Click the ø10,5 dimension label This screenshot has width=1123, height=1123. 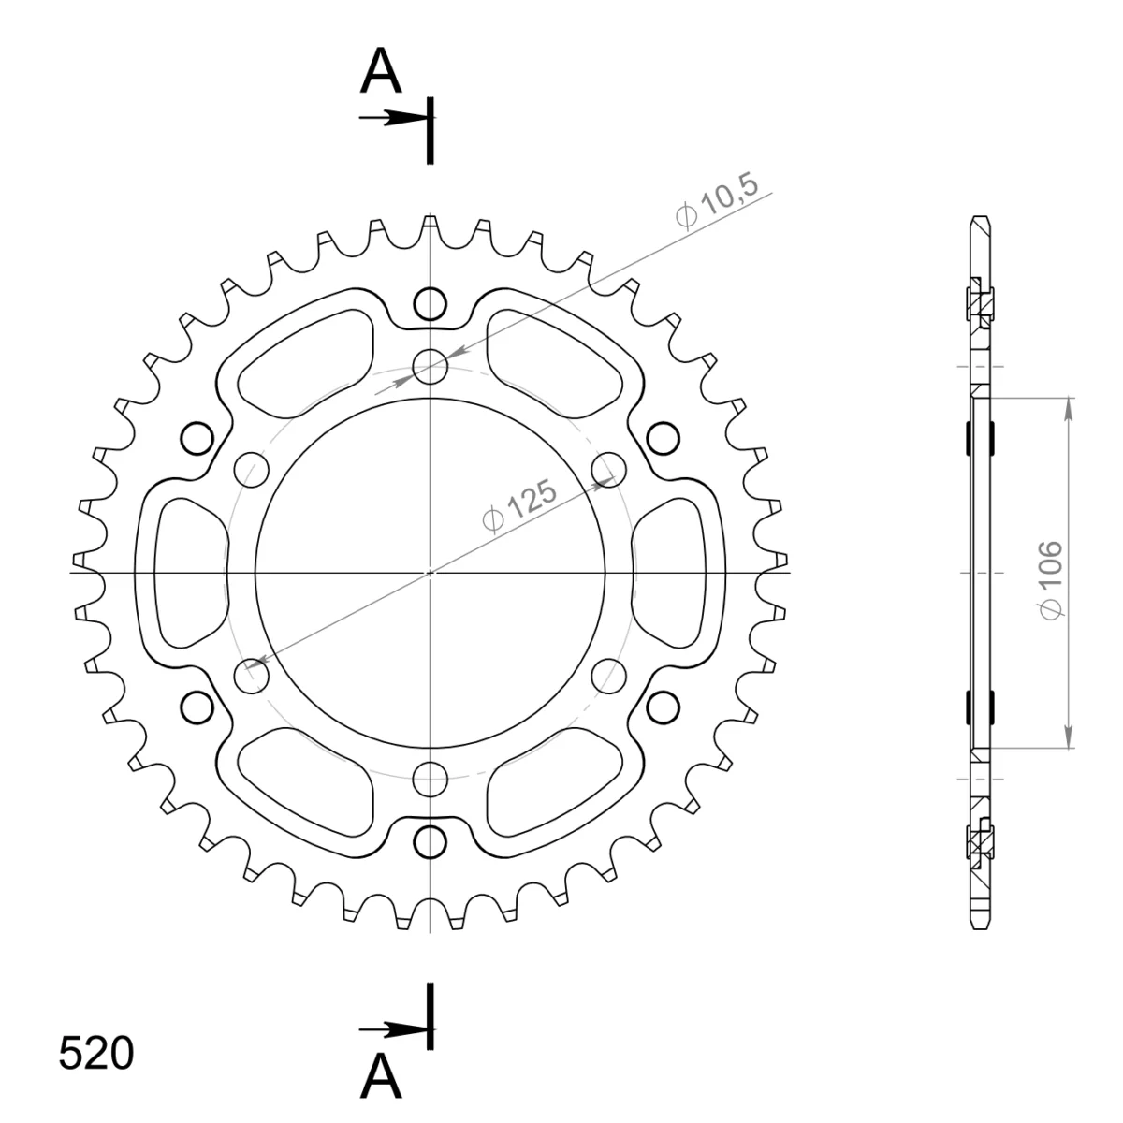(718, 199)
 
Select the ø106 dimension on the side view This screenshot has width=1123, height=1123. (1051, 580)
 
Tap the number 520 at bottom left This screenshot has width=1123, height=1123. (96, 1053)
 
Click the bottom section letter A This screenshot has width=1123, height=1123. (381, 1076)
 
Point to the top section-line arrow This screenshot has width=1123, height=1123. (396, 118)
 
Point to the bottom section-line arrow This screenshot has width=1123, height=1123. (396, 1029)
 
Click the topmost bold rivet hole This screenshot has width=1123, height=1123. (430, 303)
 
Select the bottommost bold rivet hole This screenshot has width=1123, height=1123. (430, 841)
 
